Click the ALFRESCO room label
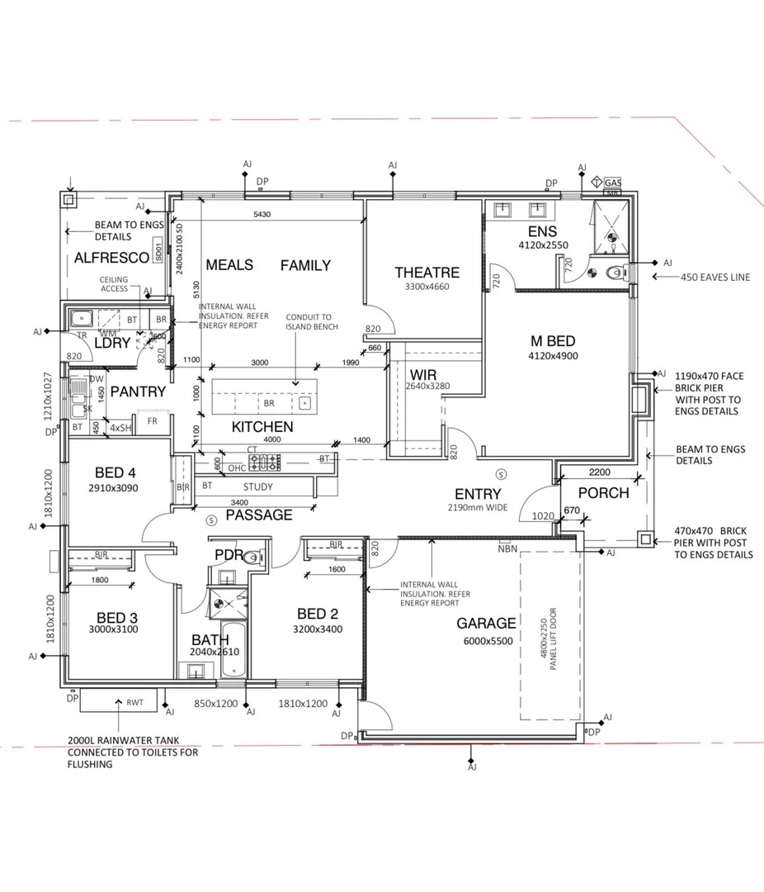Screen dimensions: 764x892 pyautogui.click(x=111, y=258)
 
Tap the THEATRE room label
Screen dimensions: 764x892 pyautogui.click(x=427, y=273)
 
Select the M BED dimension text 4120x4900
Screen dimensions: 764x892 pyautogui.click(x=553, y=356)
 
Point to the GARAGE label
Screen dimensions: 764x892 pyautogui.click(x=486, y=624)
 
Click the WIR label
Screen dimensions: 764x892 pyautogui.click(x=422, y=374)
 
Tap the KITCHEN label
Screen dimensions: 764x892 pyautogui.click(x=262, y=427)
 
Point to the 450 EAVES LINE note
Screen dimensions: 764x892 pyautogui.click(x=714, y=278)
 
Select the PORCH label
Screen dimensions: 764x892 pyautogui.click(x=603, y=493)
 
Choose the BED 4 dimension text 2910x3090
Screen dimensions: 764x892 pyautogui.click(x=116, y=488)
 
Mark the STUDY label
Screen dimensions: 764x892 pyautogui.click(x=257, y=486)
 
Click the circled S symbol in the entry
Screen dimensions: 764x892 pyautogui.click(x=502, y=474)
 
